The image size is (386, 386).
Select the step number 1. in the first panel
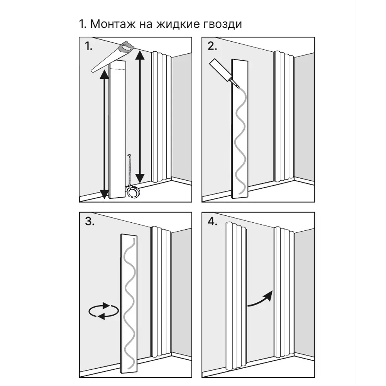[89, 47]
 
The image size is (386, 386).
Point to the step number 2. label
[212, 47]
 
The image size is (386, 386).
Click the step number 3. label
[90, 222]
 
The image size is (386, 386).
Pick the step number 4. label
[213, 222]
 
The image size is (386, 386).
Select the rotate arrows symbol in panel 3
[103, 311]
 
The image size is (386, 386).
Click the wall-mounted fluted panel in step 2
[284, 116]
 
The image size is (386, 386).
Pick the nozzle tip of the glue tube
[236, 84]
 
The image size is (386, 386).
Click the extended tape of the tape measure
[130, 170]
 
